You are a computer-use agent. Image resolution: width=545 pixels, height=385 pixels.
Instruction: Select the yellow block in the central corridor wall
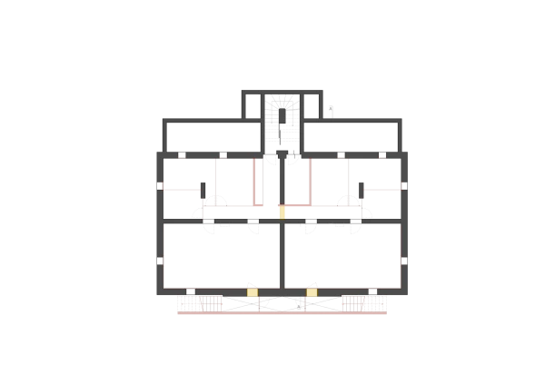point(282,212)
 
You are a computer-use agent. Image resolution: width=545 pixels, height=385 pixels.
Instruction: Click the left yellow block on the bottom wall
point(253,292)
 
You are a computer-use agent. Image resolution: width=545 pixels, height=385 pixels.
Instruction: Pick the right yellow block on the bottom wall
point(312,292)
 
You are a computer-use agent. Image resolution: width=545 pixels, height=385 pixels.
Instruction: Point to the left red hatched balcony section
point(199,303)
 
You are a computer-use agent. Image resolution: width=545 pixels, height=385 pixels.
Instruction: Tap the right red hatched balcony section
point(364,303)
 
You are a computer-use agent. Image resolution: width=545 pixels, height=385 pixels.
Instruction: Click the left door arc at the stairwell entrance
point(272,159)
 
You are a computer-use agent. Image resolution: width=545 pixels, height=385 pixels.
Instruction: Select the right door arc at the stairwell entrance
point(292,159)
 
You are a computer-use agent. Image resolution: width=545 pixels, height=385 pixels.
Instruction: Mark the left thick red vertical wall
point(254,181)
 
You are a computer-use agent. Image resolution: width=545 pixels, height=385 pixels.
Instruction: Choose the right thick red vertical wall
point(311,181)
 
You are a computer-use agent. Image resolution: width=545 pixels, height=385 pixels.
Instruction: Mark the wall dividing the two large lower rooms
point(282,259)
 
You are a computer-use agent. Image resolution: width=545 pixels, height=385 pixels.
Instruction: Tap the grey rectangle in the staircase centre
point(282,117)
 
